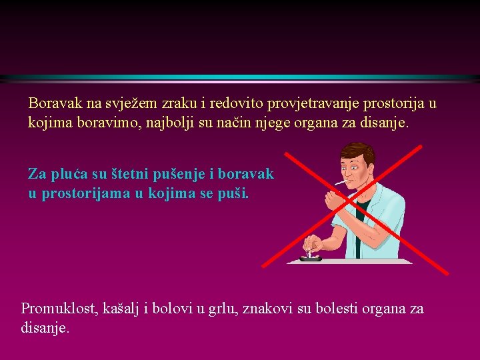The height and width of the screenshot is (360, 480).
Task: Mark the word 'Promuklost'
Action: coord(60,309)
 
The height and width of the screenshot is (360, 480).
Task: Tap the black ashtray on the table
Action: coord(311,257)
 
